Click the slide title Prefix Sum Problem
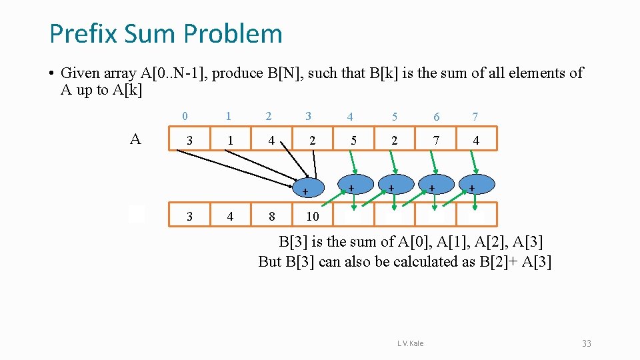click(165, 33)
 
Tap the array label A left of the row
click(135, 139)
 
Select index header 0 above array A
click(185, 116)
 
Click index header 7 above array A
click(475, 117)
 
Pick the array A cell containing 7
click(435, 141)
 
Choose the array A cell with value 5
click(353, 141)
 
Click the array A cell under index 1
click(230, 141)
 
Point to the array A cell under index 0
click(189, 141)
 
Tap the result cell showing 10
click(312, 216)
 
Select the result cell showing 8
click(271, 216)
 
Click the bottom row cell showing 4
click(230, 216)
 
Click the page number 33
click(586, 343)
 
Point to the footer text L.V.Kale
click(410, 343)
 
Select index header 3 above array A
click(308, 116)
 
